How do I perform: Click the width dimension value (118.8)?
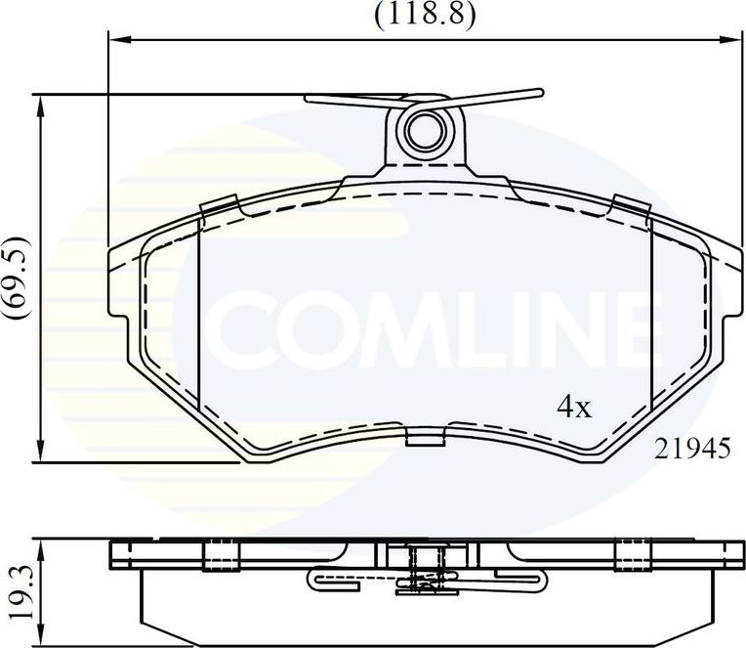(x=422, y=14)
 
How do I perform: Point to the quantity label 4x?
(x=574, y=408)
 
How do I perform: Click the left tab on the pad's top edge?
(x=219, y=204)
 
